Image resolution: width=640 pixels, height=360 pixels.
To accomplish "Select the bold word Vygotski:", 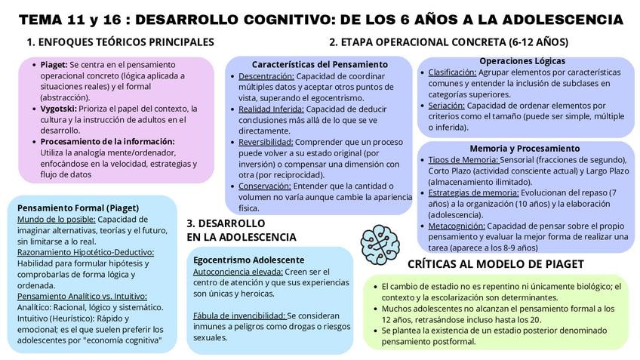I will click(x=59, y=109).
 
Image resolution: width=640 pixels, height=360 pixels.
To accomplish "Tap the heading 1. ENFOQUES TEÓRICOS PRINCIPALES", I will click(x=120, y=42).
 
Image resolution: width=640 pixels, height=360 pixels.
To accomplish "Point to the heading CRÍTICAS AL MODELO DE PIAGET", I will click(x=495, y=264).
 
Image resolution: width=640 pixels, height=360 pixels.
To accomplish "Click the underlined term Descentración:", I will click(x=266, y=76).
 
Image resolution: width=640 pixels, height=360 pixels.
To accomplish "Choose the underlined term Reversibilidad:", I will click(x=266, y=142).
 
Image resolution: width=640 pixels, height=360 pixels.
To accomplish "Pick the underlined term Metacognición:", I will click(x=457, y=226).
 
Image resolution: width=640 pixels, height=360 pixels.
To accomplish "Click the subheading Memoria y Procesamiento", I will click(x=525, y=148).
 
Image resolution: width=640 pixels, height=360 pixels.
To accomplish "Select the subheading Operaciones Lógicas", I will click(x=522, y=61).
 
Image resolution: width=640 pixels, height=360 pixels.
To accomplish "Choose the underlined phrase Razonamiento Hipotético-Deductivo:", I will click(x=85, y=252).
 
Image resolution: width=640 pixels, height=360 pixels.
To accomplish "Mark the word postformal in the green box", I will click(x=451, y=341).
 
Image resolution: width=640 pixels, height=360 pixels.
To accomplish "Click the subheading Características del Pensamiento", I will click(x=320, y=65).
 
